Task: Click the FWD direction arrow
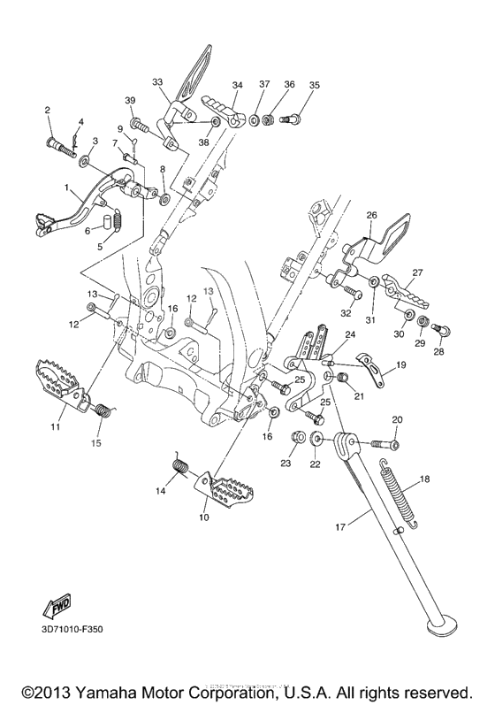(57, 606)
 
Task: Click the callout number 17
(340, 526)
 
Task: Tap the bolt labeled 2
(61, 145)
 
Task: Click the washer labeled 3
(83, 159)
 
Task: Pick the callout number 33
(156, 82)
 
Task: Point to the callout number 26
(371, 215)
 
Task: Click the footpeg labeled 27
(405, 291)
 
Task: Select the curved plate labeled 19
(372, 370)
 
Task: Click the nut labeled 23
(297, 437)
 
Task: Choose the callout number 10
(204, 517)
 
